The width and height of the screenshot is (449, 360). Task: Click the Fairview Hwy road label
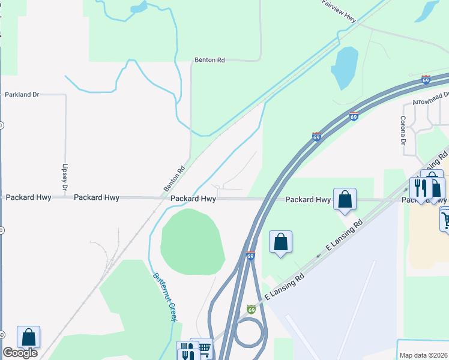(x=339, y=11)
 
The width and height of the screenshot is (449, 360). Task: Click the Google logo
(x=19, y=352)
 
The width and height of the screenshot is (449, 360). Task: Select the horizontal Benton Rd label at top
(x=209, y=60)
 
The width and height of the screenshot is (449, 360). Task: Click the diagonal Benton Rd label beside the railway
(x=173, y=178)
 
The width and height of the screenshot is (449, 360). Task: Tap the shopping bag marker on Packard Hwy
(x=345, y=199)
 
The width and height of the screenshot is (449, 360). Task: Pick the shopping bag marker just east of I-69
(x=280, y=242)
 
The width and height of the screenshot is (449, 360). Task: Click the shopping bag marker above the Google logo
(x=29, y=337)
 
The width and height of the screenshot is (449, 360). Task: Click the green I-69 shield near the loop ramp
(x=252, y=309)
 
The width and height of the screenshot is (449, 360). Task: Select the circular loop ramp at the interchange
(x=249, y=331)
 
